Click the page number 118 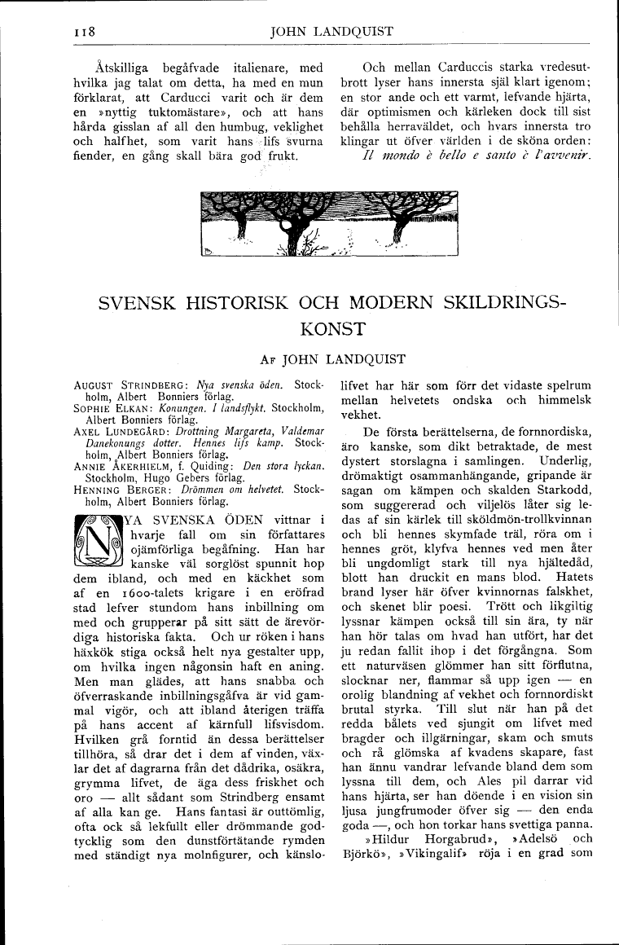pyautogui.click(x=85, y=33)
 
